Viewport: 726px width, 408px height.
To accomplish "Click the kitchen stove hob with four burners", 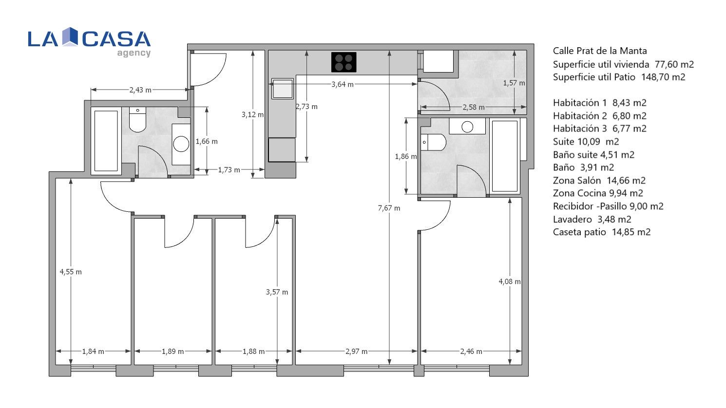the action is point(344,62).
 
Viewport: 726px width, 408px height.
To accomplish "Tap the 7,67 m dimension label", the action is point(389,208).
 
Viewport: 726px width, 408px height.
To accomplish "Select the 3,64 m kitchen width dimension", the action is point(342,85).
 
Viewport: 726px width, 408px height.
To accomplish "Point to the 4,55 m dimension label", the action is point(71,272).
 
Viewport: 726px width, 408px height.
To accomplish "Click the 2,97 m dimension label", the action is point(356,352).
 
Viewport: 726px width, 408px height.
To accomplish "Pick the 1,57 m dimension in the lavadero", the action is point(514,83).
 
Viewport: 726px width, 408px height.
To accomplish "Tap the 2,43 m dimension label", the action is point(140,90).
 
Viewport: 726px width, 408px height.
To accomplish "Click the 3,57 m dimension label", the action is point(277,292).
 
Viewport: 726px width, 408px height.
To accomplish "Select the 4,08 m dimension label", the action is point(510,282).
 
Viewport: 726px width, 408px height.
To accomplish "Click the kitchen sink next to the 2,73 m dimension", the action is point(282,89).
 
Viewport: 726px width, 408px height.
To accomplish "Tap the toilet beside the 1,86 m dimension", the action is point(434,142).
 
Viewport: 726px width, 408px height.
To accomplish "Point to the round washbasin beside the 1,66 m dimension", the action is point(181,144).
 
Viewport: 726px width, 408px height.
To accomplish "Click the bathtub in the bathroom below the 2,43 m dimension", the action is point(106,141).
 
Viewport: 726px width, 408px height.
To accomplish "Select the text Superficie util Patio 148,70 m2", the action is point(619,77).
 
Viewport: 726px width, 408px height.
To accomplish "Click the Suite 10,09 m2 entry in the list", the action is point(586,142).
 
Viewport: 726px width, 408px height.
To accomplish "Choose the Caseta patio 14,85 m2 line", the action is point(602,232).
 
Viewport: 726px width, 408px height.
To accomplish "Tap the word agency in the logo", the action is point(134,53).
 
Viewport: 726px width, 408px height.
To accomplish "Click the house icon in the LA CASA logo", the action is point(70,37).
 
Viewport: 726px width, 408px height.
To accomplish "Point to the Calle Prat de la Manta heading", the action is point(600,51).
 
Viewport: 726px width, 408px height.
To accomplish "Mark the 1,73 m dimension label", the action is point(229,170).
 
